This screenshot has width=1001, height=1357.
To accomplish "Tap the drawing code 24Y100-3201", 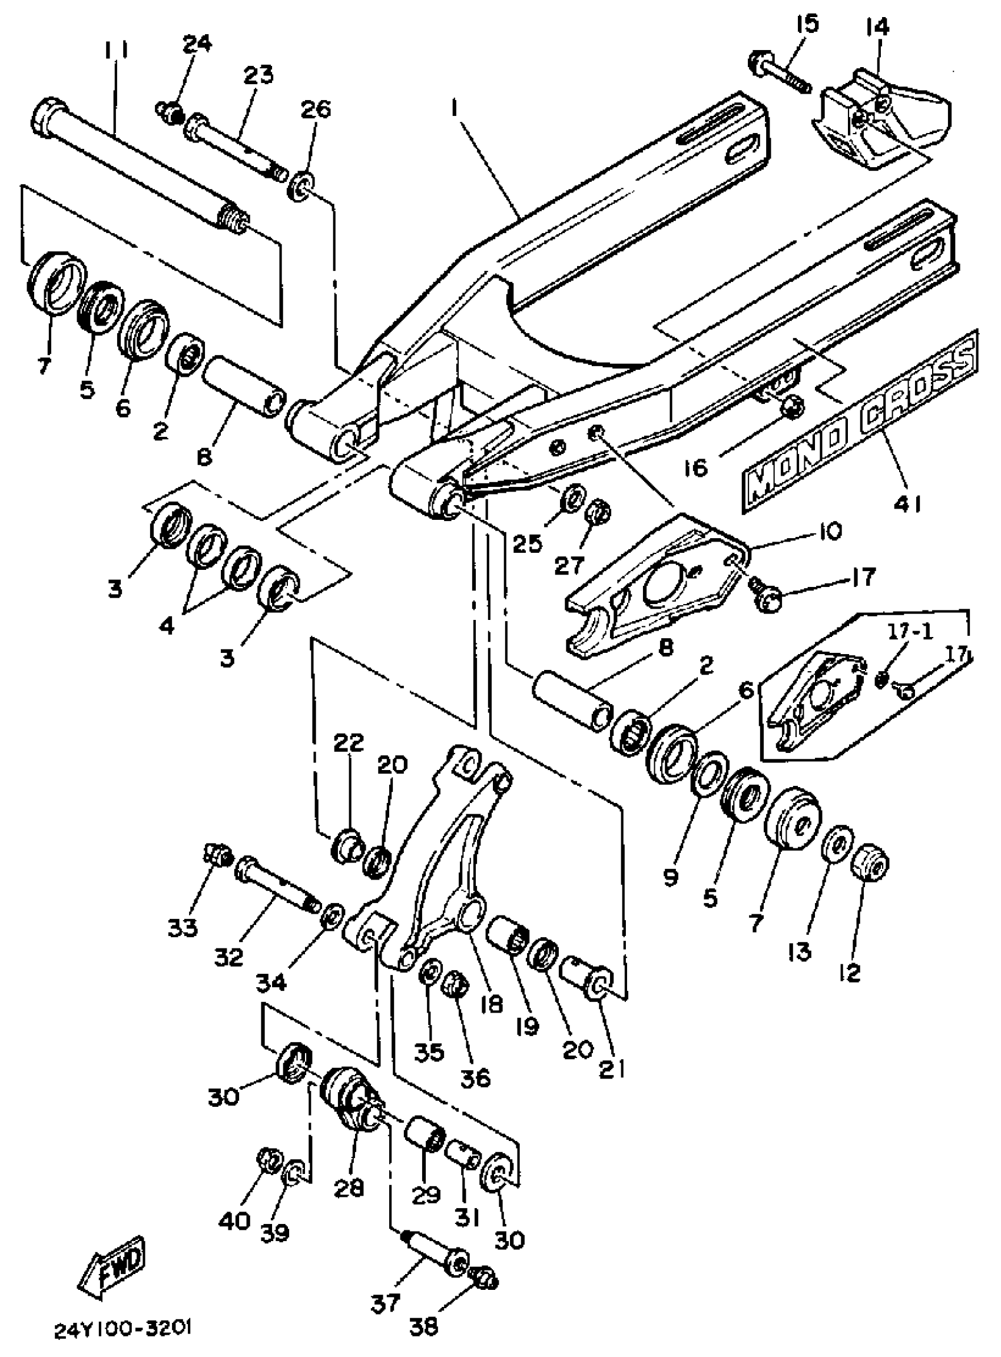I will (124, 1329).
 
